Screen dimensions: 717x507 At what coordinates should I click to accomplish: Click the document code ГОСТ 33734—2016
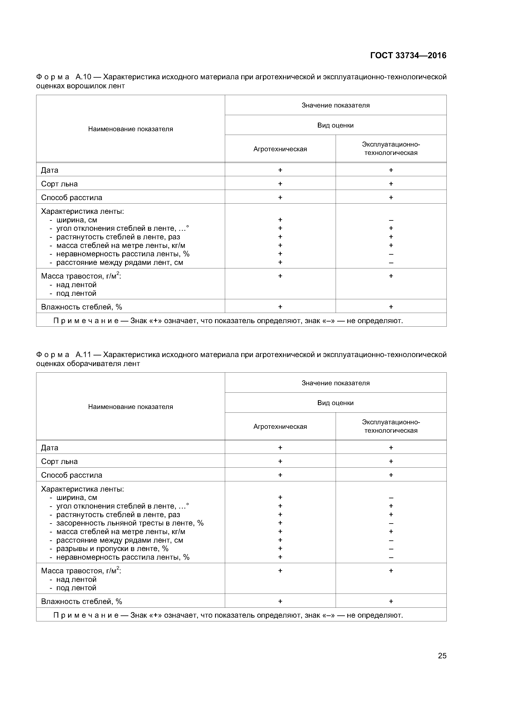point(408,56)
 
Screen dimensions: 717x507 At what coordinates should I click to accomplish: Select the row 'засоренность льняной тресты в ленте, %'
point(130,523)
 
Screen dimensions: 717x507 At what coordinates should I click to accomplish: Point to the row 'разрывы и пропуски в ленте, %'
point(112,549)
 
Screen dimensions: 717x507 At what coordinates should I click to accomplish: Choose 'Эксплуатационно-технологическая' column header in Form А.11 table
point(391,426)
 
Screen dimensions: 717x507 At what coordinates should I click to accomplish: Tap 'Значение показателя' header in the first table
point(335,105)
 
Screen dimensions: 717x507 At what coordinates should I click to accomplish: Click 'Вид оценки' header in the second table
point(335,403)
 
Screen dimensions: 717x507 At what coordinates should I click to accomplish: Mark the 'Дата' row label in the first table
point(50,170)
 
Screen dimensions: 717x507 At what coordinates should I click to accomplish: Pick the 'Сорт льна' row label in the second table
point(59,462)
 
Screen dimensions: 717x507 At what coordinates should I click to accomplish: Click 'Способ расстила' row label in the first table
point(72,198)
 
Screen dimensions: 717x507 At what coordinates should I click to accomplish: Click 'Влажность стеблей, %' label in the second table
point(82,602)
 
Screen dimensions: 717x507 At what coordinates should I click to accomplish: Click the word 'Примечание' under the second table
point(86,615)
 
